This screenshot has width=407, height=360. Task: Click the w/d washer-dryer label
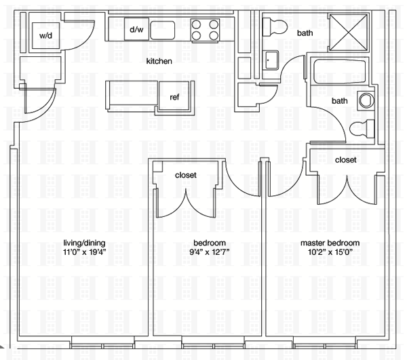coord(45,35)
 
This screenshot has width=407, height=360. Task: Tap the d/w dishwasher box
coord(136,29)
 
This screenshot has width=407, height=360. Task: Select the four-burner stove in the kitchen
coord(205,30)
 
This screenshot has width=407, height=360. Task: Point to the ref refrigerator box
coord(174,96)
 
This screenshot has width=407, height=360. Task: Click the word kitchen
coord(159,61)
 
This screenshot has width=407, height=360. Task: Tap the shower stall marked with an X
coord(349,32)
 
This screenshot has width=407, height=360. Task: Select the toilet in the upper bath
coord(275,26)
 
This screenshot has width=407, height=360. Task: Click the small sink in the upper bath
coord(271,60)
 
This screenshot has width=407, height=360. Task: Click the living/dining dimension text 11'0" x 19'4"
coord(85,252)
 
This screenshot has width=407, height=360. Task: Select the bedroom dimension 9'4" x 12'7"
coord(210,252)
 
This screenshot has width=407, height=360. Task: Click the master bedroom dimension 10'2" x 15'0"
coord(330,252)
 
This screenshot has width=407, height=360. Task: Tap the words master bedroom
coord(330,243)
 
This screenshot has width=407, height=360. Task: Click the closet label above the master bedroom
coord(345,160)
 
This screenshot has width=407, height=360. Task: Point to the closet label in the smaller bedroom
coord(186,175)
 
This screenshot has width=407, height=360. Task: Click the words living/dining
coord(85,243)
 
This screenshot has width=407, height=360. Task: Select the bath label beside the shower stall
coord(305,33)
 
